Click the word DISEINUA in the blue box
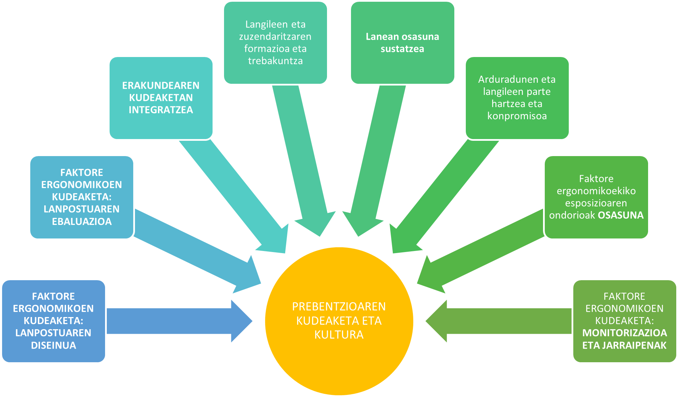[54, 345]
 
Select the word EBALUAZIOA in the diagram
[82, 221]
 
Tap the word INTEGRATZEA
[161, 110]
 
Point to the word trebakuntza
[275, 61]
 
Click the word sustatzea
[402, 49]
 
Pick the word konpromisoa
[517, 116]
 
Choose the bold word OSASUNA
[620, 215]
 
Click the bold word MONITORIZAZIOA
[624, 333]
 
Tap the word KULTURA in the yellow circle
[339, 334]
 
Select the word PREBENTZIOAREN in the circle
[339, 307]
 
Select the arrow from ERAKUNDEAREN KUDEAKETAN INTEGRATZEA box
[237, 195]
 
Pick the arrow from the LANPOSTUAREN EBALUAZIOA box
[195, 250]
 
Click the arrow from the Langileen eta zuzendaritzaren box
[303, 156]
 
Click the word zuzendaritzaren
[275, 37]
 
